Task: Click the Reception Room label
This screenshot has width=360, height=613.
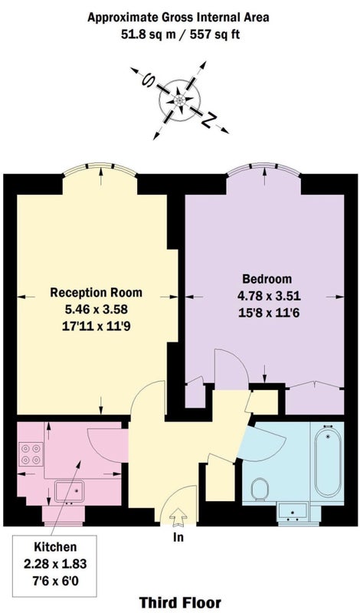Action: coord(97,293)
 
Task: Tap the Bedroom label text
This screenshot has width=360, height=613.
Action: coord(267,279)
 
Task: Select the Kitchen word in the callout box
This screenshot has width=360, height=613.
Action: coord(55,546)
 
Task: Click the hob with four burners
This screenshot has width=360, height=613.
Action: coord(31,454)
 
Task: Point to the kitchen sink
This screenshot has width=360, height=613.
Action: coord(69,491)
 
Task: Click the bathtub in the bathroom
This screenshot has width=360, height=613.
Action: coord(327,462)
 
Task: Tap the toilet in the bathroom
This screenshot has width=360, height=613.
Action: coord(260,489)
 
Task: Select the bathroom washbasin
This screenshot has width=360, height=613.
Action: coord(293,513)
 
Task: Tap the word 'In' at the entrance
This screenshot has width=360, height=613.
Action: coord(178,538)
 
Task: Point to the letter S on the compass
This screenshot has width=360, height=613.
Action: coord(149,80)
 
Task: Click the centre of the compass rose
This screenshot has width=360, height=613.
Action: coord(179,100)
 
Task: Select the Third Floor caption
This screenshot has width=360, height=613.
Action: coord(180,603)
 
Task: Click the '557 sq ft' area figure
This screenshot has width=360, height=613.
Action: coord(214,34)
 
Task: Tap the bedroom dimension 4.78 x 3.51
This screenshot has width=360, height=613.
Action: coord(269,296)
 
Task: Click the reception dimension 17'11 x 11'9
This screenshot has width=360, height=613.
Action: coord(97,326)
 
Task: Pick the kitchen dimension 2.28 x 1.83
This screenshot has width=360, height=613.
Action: coord(55,564)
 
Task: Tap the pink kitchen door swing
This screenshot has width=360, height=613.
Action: coord(106,444)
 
